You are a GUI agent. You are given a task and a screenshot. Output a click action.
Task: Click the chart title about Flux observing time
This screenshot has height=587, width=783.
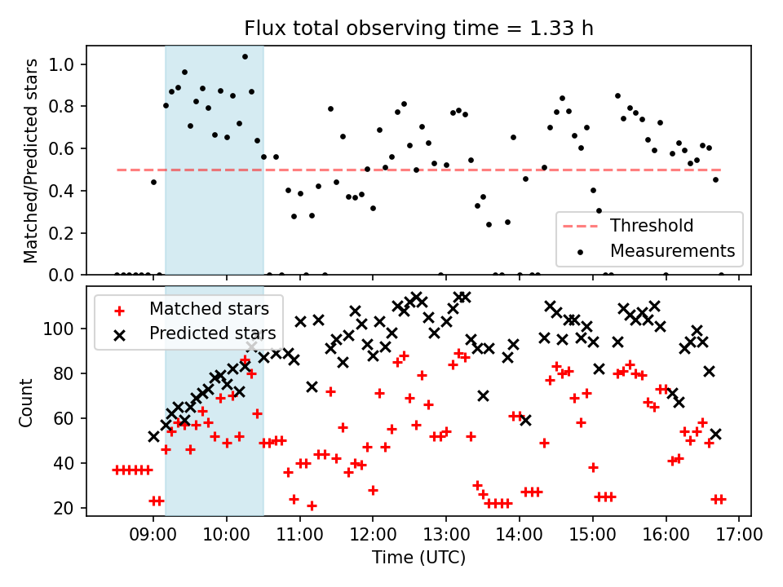point(418,28)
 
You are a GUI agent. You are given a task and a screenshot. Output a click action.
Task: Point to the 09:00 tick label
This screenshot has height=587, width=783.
point(153,534)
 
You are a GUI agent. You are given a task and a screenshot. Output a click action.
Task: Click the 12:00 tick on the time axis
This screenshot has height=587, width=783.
point(373,534)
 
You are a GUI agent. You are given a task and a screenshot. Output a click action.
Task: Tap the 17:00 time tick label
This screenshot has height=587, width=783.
point(739,534)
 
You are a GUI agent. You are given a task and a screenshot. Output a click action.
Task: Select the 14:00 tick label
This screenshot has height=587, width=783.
point(520,534)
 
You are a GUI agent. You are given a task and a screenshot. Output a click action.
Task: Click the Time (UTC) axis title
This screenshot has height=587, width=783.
point(418,557)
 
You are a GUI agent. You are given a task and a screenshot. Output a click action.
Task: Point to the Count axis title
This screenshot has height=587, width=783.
point(25,402)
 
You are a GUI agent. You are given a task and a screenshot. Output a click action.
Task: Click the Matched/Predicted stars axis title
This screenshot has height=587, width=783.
point(30,161)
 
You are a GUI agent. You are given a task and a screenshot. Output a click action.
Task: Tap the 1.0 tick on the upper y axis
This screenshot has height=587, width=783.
point(61,64)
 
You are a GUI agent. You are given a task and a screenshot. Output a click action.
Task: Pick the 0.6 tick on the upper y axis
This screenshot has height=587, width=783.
point(61,148)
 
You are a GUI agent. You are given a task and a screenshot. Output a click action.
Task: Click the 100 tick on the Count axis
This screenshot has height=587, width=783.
point(59,329)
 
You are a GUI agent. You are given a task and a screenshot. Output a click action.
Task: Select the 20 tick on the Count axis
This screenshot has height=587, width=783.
point(64,508)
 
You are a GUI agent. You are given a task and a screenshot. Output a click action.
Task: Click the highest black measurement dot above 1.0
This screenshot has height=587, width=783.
point(245,57)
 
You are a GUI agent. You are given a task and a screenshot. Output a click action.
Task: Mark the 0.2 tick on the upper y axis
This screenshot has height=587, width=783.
point(61,233)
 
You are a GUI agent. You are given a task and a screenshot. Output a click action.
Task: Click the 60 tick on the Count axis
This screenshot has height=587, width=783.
point(64,418)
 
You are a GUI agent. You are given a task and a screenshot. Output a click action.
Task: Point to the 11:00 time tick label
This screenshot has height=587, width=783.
point(299,534)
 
